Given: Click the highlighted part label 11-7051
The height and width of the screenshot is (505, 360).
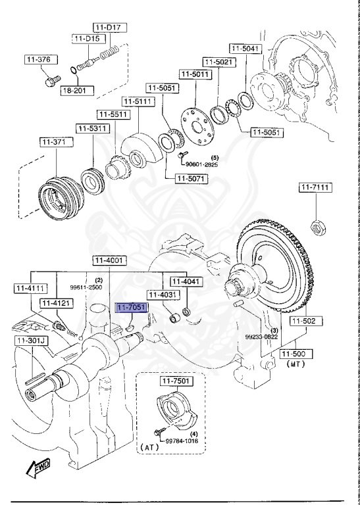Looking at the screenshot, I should (132, 307).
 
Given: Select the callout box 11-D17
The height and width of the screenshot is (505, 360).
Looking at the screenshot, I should (109, 28).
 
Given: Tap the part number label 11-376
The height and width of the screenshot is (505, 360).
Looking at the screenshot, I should (38, 59).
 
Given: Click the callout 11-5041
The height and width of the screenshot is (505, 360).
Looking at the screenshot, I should (245, 49).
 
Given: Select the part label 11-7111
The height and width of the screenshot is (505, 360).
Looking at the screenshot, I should (315, 188).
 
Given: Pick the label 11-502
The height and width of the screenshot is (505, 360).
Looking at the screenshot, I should (305, 321).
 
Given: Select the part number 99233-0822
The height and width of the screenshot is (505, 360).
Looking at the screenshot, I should (262, 336).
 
